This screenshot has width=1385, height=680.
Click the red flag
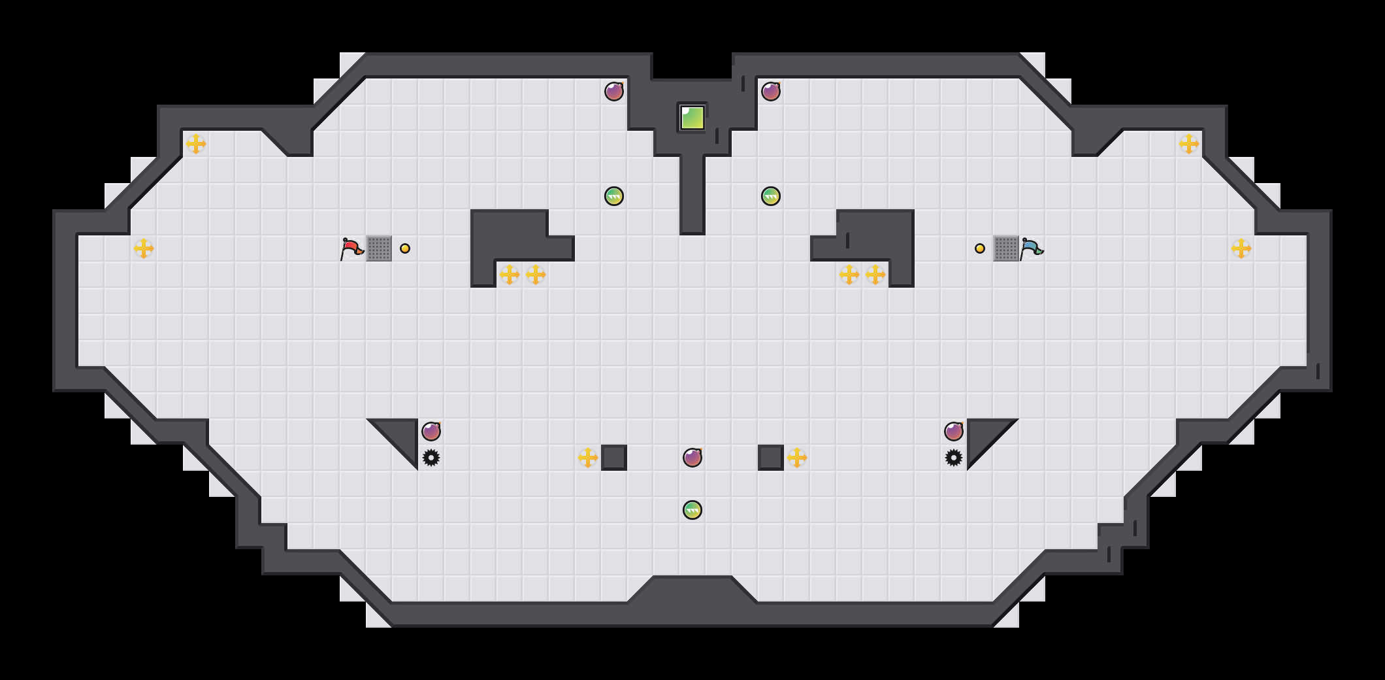[x=351, y=248]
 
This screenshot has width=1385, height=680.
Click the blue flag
[x=1032, y=248]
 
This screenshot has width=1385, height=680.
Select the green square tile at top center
[x=692, y=118]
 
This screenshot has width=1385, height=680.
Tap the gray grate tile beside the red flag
[x=379, y=248]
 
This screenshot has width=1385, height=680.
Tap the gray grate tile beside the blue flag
[x=1006, y=248]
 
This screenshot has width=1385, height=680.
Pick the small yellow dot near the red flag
[x=405, y=248]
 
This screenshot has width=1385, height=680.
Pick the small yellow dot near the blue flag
[x=980, y=248]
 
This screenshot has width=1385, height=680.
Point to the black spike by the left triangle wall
[x=431, y=458]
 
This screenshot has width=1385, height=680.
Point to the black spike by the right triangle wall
[x=954, y=458]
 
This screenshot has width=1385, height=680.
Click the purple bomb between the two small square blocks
[x=692, y=458]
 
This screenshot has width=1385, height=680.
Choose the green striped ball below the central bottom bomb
[x=692, y=510]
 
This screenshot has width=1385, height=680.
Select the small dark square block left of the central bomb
[x=614, y=458]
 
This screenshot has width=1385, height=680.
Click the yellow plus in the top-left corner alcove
[x=196, y=144]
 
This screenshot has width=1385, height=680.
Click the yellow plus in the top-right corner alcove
[x=1189, y=144]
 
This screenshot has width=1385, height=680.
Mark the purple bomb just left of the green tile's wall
[x=614, y=92]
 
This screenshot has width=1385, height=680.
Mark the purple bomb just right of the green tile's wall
[x=771, y=92]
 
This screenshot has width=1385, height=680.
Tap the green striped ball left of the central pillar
[x=614, y=196]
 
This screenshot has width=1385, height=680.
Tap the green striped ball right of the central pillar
[x=771, y=196]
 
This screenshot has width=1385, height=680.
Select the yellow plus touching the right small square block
[x=797, y=458]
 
